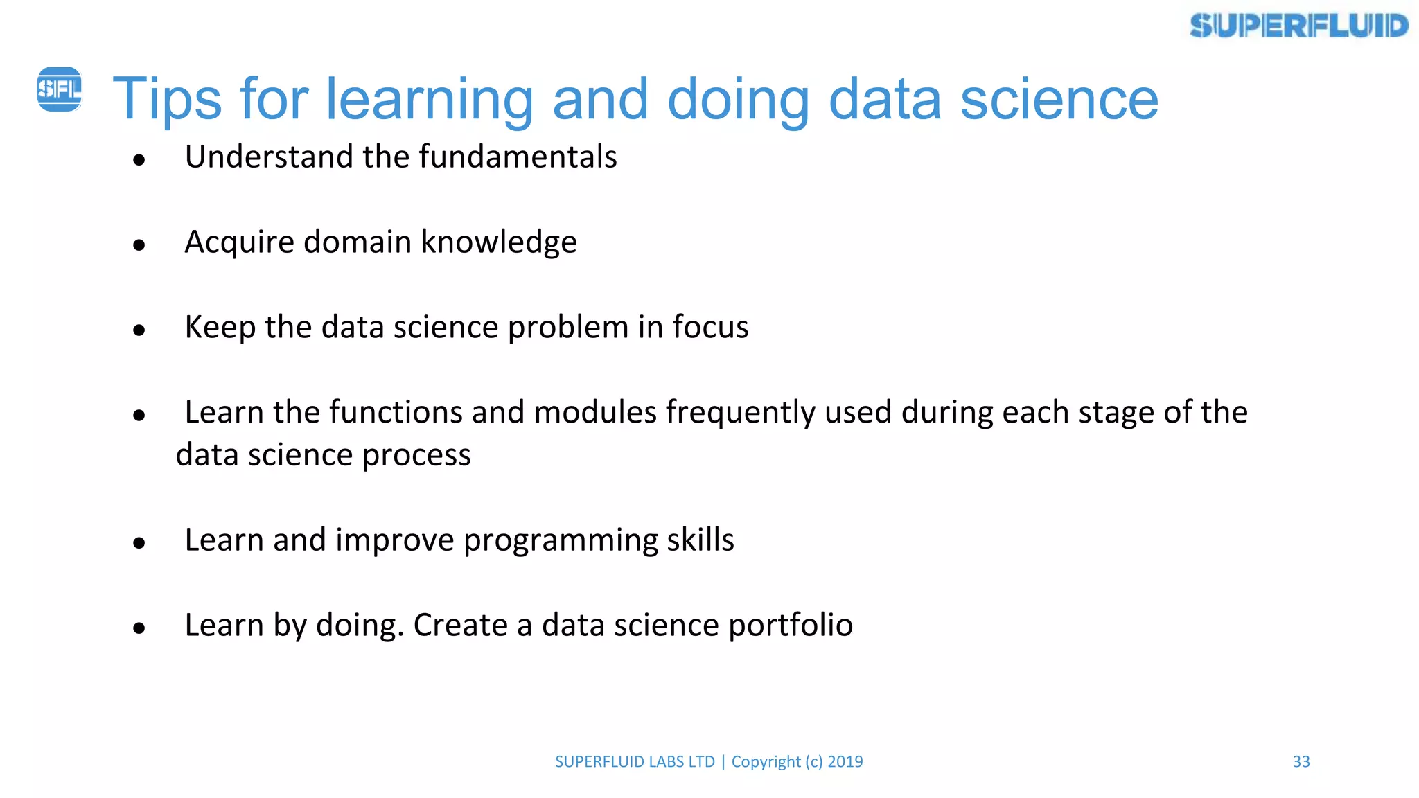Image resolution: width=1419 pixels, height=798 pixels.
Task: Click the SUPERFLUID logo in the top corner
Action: (x=1298, y=26)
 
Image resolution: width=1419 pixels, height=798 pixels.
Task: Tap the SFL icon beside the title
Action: (x=59, y=89)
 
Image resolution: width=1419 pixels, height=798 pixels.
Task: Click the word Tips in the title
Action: (x=166, y=99)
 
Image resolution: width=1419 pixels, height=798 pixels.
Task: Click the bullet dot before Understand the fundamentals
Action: (x=139, y=160)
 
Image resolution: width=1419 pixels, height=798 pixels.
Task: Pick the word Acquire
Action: (x=239, y=242)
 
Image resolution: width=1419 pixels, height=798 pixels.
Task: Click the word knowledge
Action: (x=499, y=242)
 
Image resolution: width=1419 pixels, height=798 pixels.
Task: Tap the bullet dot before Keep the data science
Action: (x=139, y=330)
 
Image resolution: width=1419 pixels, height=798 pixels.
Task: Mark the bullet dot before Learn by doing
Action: (x=139, y=628)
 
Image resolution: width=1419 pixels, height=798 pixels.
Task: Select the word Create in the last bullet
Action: (x=460, y=625)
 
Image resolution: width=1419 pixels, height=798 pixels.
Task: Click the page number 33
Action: (x=1301, y=761)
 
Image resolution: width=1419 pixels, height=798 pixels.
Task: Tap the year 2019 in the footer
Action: (x=845, y=761)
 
